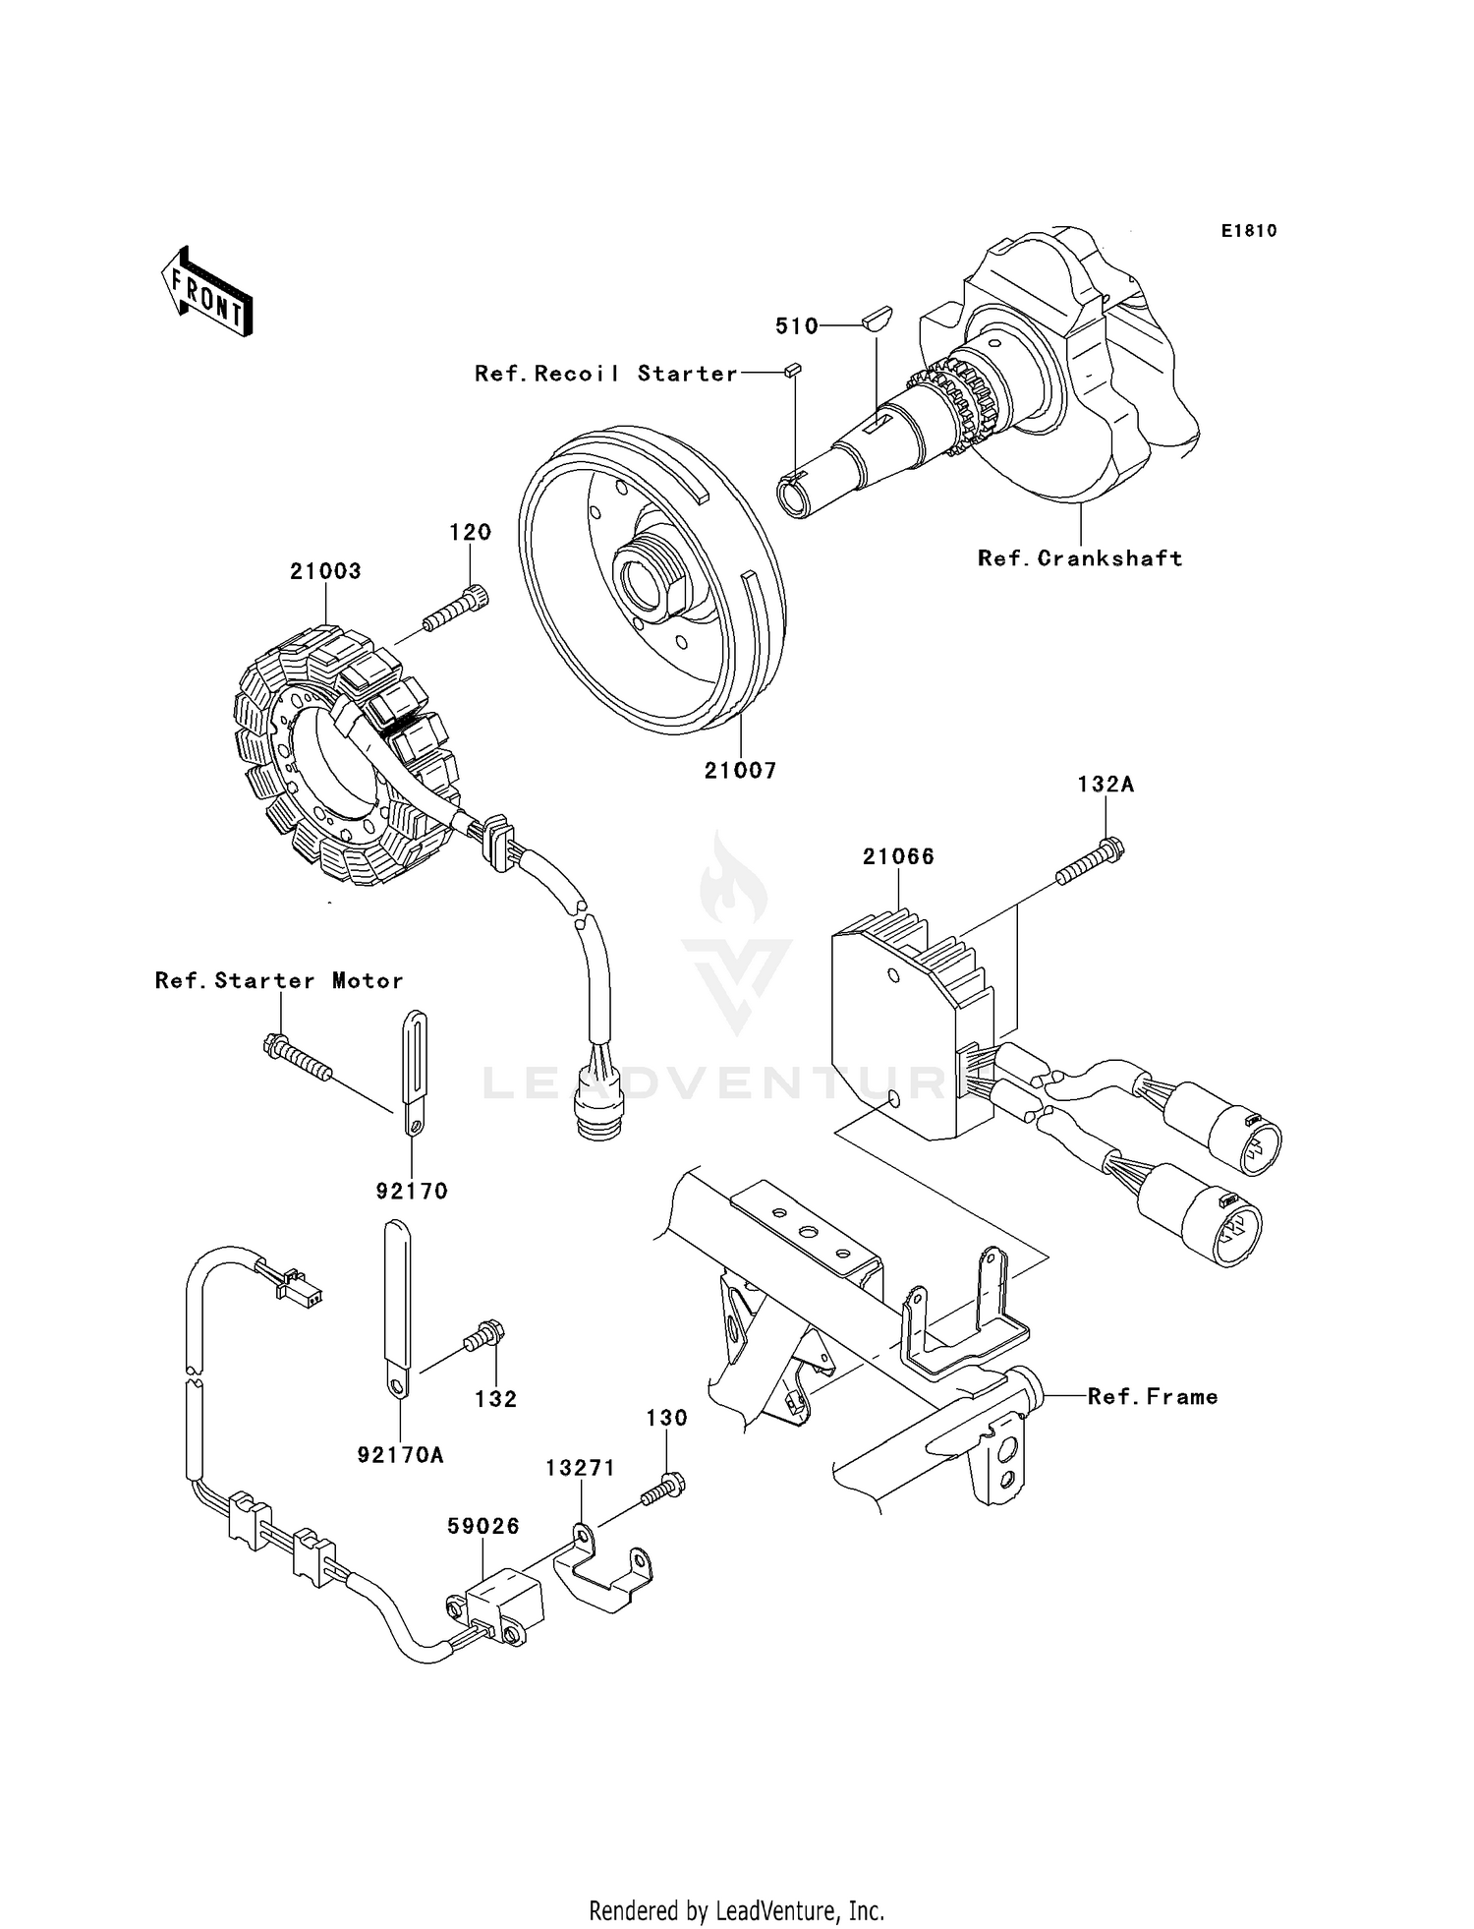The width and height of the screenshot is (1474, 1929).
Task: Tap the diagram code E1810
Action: (x=1249, y=231)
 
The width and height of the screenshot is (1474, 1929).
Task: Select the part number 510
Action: (x=796, y=326)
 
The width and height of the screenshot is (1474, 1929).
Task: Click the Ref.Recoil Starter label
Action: (x=605, y=374)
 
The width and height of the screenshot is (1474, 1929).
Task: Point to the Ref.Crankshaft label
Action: (x=1080, y=558)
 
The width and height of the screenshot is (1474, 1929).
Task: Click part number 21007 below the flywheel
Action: (x=740, y=771)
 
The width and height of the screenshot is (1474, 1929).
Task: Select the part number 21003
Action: (x=325, y=571)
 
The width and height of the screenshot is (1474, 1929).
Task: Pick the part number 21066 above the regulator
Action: (x=898, y=856)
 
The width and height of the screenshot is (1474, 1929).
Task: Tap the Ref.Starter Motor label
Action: (x=279, y=980)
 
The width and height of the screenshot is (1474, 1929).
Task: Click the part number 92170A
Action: (x=401, y=1455)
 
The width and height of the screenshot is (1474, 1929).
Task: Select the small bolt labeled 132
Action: (x=484, y=1338)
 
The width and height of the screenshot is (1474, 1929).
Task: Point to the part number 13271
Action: (x=581, y=1468)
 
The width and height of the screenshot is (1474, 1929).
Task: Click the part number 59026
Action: (x=483, y=1526)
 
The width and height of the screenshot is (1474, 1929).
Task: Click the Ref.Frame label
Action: (x=1152, y=1397)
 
